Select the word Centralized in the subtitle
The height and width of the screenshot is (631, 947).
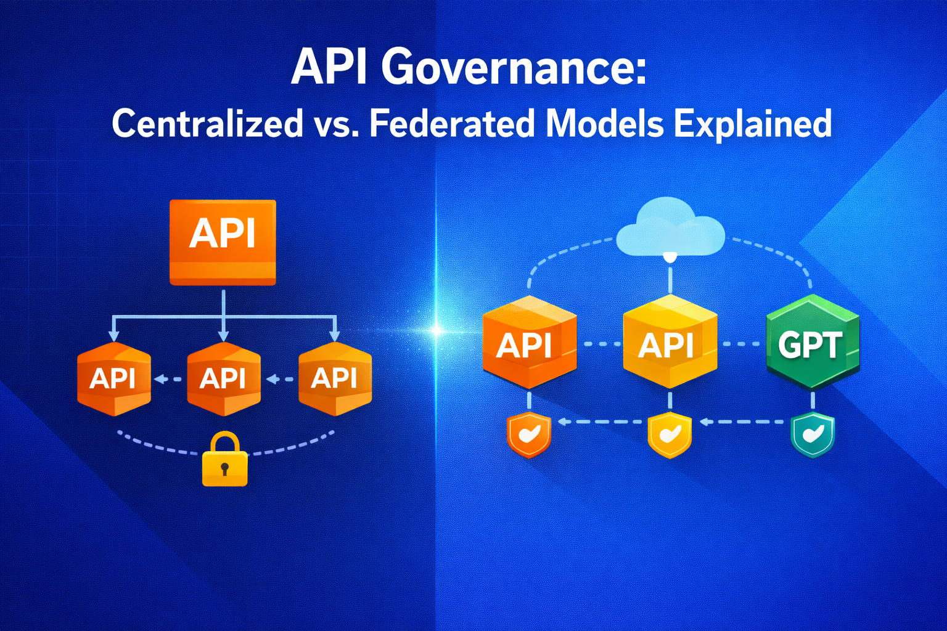click(x=208, y=123)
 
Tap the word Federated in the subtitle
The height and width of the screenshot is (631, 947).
click(x=452, y=123)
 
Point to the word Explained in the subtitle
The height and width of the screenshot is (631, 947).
click(x=753, y=123)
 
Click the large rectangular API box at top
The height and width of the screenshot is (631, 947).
click(x=223, y=242)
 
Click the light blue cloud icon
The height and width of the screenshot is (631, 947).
click(x=670, y=228)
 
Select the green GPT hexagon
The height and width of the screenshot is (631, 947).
click(x=812, y=343)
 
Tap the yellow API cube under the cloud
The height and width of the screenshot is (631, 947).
click(x=670, y=343)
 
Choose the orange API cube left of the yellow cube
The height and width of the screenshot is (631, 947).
click(x=529, y=343)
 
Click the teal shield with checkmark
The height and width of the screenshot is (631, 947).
click(x=812, y=435)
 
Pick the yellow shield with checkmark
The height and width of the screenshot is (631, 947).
click(x=670, y=435)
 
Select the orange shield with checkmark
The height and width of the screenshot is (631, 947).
click(x=528, y=435)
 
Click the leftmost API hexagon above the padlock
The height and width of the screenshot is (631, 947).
click(x=113, y=378)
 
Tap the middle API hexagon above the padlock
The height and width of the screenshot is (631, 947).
click(x=223, y=378)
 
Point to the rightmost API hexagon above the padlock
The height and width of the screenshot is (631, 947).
click(x=335, y=378)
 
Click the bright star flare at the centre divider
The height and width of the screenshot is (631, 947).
click(x=436, y=331)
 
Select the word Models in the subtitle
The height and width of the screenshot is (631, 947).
click(x=605, y=123)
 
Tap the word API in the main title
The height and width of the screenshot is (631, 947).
click(x=329, y=67)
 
